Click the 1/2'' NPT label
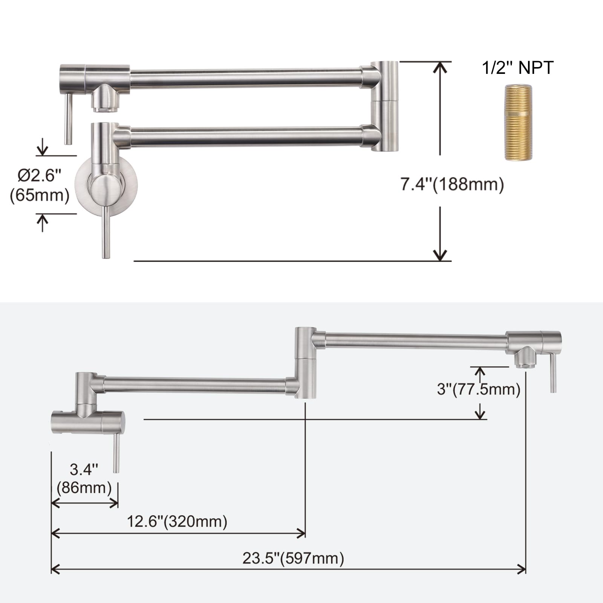tap(517, 68)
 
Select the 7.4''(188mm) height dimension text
tap(452, 185)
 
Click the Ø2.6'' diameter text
tap(40, 175)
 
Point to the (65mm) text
tap(40, 196)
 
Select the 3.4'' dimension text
tap(84, 470)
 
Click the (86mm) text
tap(84, 488)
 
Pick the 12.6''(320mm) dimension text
tap(177, 522)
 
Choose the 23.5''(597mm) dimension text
tap(293, 558)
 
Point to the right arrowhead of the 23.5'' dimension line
tap(522, 569)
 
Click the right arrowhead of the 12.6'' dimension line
tap(302, 533)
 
